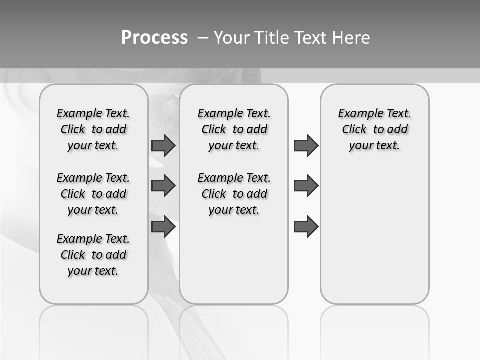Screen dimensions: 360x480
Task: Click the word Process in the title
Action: (x=154, y=38)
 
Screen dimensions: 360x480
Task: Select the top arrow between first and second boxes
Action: (x=163, y=145)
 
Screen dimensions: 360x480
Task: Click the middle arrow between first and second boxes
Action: (x=163, y=186)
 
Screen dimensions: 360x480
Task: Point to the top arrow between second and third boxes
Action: (x=306, y=145)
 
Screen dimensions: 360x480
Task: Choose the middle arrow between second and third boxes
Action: (x=306, y=186)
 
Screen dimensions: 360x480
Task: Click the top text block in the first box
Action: (x=93, y=129)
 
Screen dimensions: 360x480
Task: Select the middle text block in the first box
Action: (x=93, y=194)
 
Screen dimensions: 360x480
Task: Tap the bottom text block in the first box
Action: (x=93, y=255)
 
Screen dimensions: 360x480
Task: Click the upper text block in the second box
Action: (x=234, y=129)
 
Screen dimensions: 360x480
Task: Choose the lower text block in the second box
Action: (x=234, y=194)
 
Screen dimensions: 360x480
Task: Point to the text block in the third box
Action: (x=375, y=129)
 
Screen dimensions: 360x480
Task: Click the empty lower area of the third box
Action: (x=375, y=240)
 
